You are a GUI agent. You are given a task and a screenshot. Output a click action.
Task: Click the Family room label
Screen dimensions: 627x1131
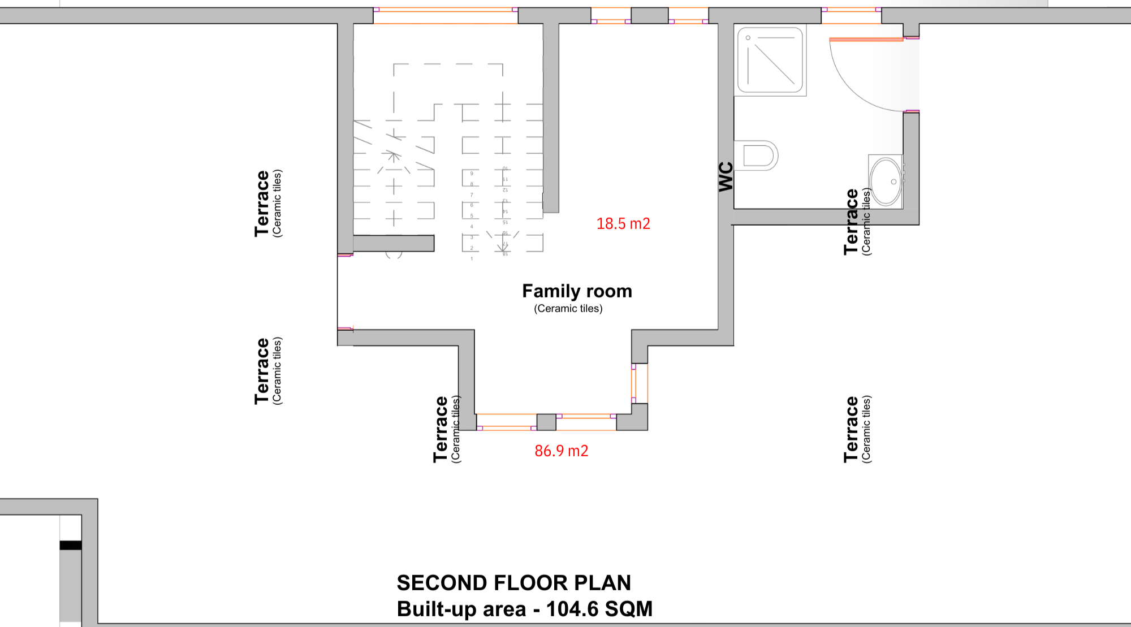(577, 291)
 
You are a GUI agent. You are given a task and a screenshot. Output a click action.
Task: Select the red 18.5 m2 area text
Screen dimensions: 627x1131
(623, 224)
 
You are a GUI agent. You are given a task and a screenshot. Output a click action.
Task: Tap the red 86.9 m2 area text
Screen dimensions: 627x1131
(562, 451)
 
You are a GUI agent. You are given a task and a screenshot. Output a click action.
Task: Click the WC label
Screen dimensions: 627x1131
(726, 176)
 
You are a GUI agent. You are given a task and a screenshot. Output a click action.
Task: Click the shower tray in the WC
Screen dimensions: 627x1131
(770, 60)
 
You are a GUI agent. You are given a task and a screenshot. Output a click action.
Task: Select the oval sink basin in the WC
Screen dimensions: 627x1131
(886, 181)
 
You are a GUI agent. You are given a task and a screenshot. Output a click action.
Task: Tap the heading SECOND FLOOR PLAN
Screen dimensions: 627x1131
(513, 583)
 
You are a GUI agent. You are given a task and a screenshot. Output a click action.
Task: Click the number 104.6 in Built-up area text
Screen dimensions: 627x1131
(572, 609)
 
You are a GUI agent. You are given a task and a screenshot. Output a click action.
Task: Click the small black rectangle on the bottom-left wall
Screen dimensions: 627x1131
(71, 546)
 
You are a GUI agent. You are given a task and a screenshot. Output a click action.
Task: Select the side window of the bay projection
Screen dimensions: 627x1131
(640, 383)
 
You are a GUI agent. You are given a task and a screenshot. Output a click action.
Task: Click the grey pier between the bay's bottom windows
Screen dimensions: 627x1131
(546, 422)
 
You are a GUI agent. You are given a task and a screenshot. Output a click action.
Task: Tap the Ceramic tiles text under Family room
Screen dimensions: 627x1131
(568, 309)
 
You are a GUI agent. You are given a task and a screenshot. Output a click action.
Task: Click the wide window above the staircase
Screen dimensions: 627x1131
(446, 16)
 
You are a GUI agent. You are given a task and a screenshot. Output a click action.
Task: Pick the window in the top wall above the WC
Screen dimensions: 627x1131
(851, 16)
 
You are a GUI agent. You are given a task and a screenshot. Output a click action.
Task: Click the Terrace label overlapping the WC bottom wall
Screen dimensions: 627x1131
(852, 222)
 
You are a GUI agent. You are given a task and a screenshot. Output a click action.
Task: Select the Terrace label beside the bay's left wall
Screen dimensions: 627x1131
(441, 430)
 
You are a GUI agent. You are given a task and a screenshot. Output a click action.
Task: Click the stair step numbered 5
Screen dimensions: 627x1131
(472, 216)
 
